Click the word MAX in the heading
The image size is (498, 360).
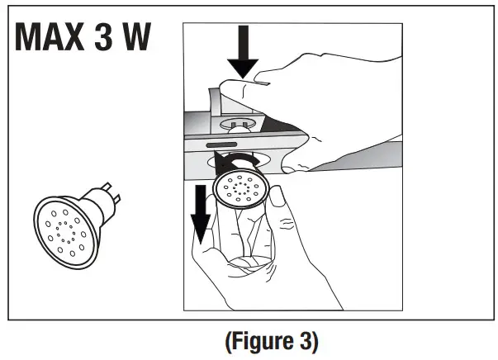coord(56,39)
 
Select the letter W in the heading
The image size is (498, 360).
coord(147,39)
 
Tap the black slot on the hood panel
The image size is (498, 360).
coord(222,145)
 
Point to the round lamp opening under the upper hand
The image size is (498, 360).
coord(235,125)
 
